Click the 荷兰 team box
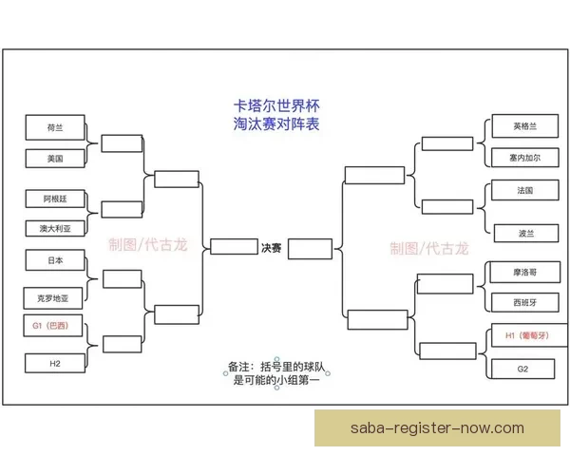pyautogui.click(x=55, y=127)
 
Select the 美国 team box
pyautogui.click(x=55, y=159)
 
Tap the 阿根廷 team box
pyautogui.click(x=55, y=199)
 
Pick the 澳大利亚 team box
pyautogui.click(x=55, y=228)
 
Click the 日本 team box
pyautogui.click(x=55, y=260)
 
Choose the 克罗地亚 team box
pyautogui.click(x=53, y=298)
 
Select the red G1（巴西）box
pyautogui.click(x=53, y=326)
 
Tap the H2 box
pyautogui.click(x=55, y=363)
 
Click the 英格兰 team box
pyautogui.click(x=525, y=126)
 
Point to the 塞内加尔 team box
pyautogui.click(x=525, y=158)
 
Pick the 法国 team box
pyautogui.click(x=525, y=190)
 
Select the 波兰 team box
pyautogui.click(x=526, y=233)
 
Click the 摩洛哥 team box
pyautogui.click(x=525, y=272)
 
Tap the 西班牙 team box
pyautogui.click(x=525, y=302)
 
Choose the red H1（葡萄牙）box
pyautogui.click(x=530, y=335)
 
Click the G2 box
pyautogui.click(x=522, y=369)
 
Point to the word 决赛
pyautogui.click(x=271, y=248)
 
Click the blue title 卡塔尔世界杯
pyautogui.click(x=276, y=105)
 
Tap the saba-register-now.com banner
pyautogui.click(x=437, y=428)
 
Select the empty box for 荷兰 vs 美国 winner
pyautogui.click(x=122, y=143)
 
